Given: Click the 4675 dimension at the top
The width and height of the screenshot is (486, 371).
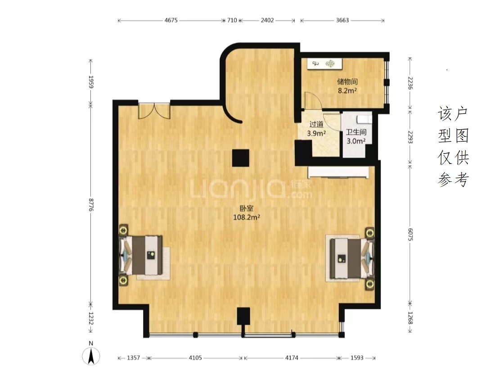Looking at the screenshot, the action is [x=171, y=20].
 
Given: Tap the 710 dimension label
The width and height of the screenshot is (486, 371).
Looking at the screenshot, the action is [x=232, y=20].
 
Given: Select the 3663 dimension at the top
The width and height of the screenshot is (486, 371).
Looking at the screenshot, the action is [x=342, y=20].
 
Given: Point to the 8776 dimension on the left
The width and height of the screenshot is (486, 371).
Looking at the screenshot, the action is [x=91, y=205].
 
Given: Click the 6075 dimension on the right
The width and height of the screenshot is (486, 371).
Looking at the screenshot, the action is [x=410, y=235].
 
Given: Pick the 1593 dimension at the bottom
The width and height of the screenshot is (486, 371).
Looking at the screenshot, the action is [x=357, y=358].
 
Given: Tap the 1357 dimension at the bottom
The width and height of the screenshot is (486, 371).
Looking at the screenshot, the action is [x=133, y=358].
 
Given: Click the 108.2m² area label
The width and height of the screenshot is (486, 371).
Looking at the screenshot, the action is [x=247, y=217].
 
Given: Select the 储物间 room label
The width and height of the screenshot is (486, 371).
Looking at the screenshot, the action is [x=347, y=81].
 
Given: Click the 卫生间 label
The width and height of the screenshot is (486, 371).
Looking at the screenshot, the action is [x=356, y=132].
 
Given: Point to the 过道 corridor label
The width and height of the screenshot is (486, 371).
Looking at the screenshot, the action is [x=316, y=124].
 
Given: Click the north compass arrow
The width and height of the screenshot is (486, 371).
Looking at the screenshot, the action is [x=91, y=356].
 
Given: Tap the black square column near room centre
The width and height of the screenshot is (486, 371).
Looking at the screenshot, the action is [x=241, y=158].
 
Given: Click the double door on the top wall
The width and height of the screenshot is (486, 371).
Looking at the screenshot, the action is [x=154, y=111].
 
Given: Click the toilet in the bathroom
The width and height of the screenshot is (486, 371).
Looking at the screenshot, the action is [x=364, y=120].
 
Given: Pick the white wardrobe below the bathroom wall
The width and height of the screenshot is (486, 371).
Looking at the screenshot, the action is [x=338, y=172].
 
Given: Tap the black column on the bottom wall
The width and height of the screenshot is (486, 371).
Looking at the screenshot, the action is [x=243, y=316].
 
